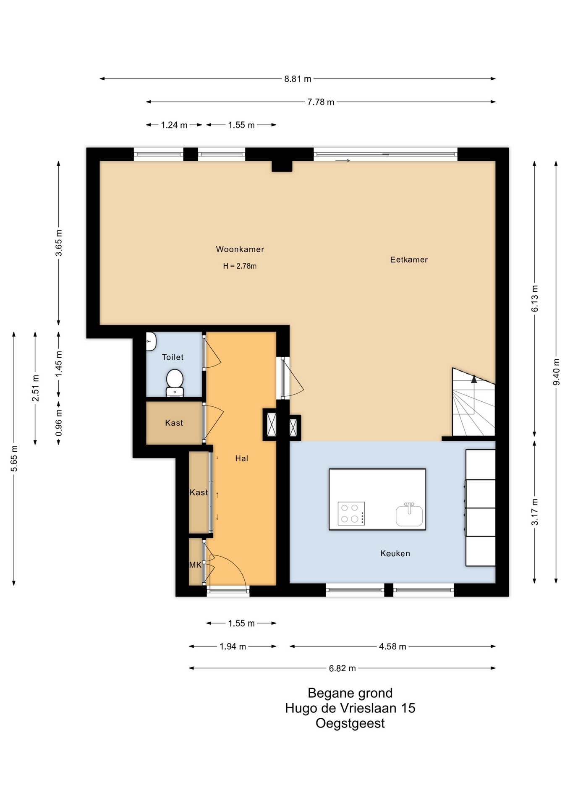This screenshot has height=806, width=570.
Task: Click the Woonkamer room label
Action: (240, 249)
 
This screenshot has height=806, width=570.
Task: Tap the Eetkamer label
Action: (409, 260)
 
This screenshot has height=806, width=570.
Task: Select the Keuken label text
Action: (395, 553)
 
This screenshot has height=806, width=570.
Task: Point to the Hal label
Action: (241, 458)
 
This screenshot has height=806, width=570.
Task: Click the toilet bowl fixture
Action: (175, 382)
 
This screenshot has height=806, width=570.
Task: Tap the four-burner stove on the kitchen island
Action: (351, 513)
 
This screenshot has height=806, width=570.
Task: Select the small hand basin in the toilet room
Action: (151, 341)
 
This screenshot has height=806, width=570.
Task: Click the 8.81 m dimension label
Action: (298, 79)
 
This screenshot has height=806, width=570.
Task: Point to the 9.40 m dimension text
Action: (557, 372)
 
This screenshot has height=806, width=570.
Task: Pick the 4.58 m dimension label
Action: (392, 646)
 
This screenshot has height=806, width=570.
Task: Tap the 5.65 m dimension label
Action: (14, 458)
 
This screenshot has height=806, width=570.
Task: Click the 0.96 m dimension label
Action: (59, 422)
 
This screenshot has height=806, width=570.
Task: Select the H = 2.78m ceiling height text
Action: (240, 266)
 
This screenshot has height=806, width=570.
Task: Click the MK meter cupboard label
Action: (195, 565)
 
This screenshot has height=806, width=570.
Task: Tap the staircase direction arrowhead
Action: (474, 379)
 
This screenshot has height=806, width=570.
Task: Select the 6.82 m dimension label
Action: (342, 668)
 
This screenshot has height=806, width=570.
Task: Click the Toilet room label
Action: (173, 357)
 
